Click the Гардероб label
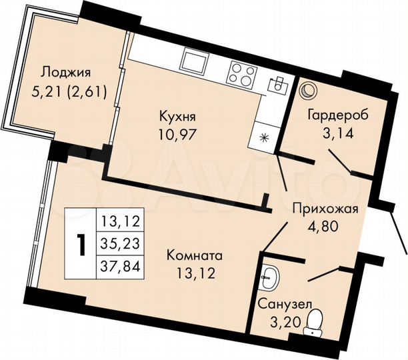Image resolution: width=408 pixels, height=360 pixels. coord(337,114)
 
